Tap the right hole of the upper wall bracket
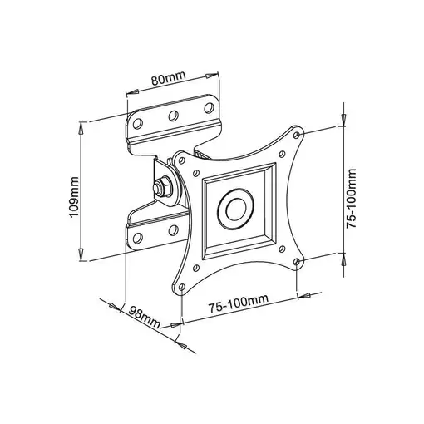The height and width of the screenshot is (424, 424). pos(205,108)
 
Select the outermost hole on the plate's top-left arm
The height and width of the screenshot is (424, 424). pos(179,157)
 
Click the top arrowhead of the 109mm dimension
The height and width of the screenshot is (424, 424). pos(81,126)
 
